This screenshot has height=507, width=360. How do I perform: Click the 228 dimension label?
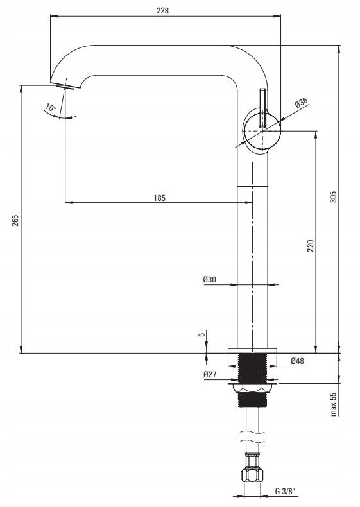coord(163,10)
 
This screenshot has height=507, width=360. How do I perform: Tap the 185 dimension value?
coord(159,198)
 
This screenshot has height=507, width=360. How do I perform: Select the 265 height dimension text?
coord(15,220)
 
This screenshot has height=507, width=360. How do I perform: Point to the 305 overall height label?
coord(333,196)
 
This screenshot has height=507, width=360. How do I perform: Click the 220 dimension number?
coord(310,246)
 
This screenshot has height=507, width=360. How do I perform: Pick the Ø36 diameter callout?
coord(301,103)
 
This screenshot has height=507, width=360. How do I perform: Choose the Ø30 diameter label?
coord(210,279)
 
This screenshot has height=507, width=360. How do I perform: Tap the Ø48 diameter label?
coord(297,361)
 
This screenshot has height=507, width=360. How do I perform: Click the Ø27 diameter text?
coord(210,374)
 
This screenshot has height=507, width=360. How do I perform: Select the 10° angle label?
coord(51,107)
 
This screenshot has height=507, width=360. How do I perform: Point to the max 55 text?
coord(334,404)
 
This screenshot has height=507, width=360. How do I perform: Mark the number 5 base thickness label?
coord(202,334)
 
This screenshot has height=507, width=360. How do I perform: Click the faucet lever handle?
coord(262,108)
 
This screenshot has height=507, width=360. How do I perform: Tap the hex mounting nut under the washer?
coord(253,388)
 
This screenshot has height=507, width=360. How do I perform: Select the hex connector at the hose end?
coord(252,474)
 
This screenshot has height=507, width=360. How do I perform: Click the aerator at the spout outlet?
coord(65,86)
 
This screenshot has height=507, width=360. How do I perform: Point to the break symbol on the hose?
coord(252,436)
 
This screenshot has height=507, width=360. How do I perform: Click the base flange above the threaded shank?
coord(253,350)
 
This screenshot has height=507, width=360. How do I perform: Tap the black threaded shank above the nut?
coord(252,368)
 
